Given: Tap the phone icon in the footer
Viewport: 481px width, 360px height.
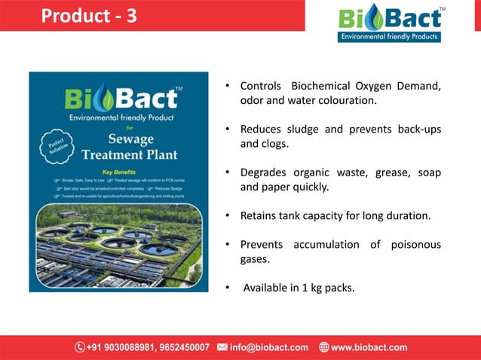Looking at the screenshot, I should coord(80,347).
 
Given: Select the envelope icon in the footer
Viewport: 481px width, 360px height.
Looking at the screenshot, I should coord(222,347).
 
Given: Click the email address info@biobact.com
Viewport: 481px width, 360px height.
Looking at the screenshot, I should coord(269,347).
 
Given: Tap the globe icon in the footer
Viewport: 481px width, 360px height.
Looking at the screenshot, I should coord(324,347).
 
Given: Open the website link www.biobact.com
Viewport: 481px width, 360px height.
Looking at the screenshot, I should coord(369,347).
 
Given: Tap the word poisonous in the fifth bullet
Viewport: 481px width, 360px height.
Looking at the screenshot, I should coord(414,245).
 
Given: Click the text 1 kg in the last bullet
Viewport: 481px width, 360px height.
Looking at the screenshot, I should coord(307,288).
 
